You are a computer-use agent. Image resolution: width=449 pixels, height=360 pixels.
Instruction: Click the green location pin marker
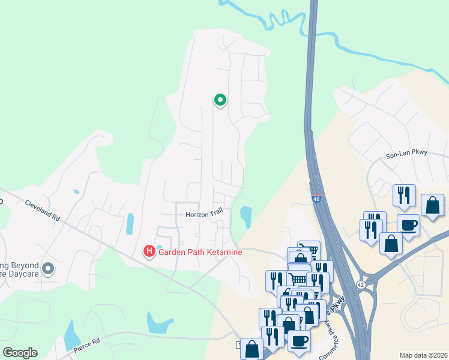pyautogui.click(x=220, y=100)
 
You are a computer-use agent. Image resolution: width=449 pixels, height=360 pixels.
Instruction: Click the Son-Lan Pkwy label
pyautogui.click(x=406, y=154)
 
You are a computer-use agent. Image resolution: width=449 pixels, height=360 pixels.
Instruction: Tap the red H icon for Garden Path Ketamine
pyautogui.click(x=149, y=251)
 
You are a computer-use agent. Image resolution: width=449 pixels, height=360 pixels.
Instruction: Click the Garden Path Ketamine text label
pyautogui.click(x=200, y=252)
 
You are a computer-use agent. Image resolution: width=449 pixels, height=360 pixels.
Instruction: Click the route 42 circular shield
pyautogui.click(x=361, y=284)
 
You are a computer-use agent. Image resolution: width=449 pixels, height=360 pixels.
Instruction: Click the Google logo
pyautogui.click(x=20, y=352)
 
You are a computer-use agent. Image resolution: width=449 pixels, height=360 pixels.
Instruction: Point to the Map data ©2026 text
pyautogui.click(x=424, y=355)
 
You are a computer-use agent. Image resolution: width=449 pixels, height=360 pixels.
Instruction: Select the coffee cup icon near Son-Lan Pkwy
pyautogui.click(x=408, y=226)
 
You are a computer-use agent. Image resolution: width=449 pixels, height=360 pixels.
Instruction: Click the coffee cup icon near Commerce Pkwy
pyautogui.click(x=299, y=341)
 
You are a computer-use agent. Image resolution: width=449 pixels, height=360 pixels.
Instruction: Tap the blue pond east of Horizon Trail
pyautogui.click(x=246, y=216)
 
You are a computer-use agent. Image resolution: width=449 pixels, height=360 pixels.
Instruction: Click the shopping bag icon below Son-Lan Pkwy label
pyautogui.click(x=432, y=205)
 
